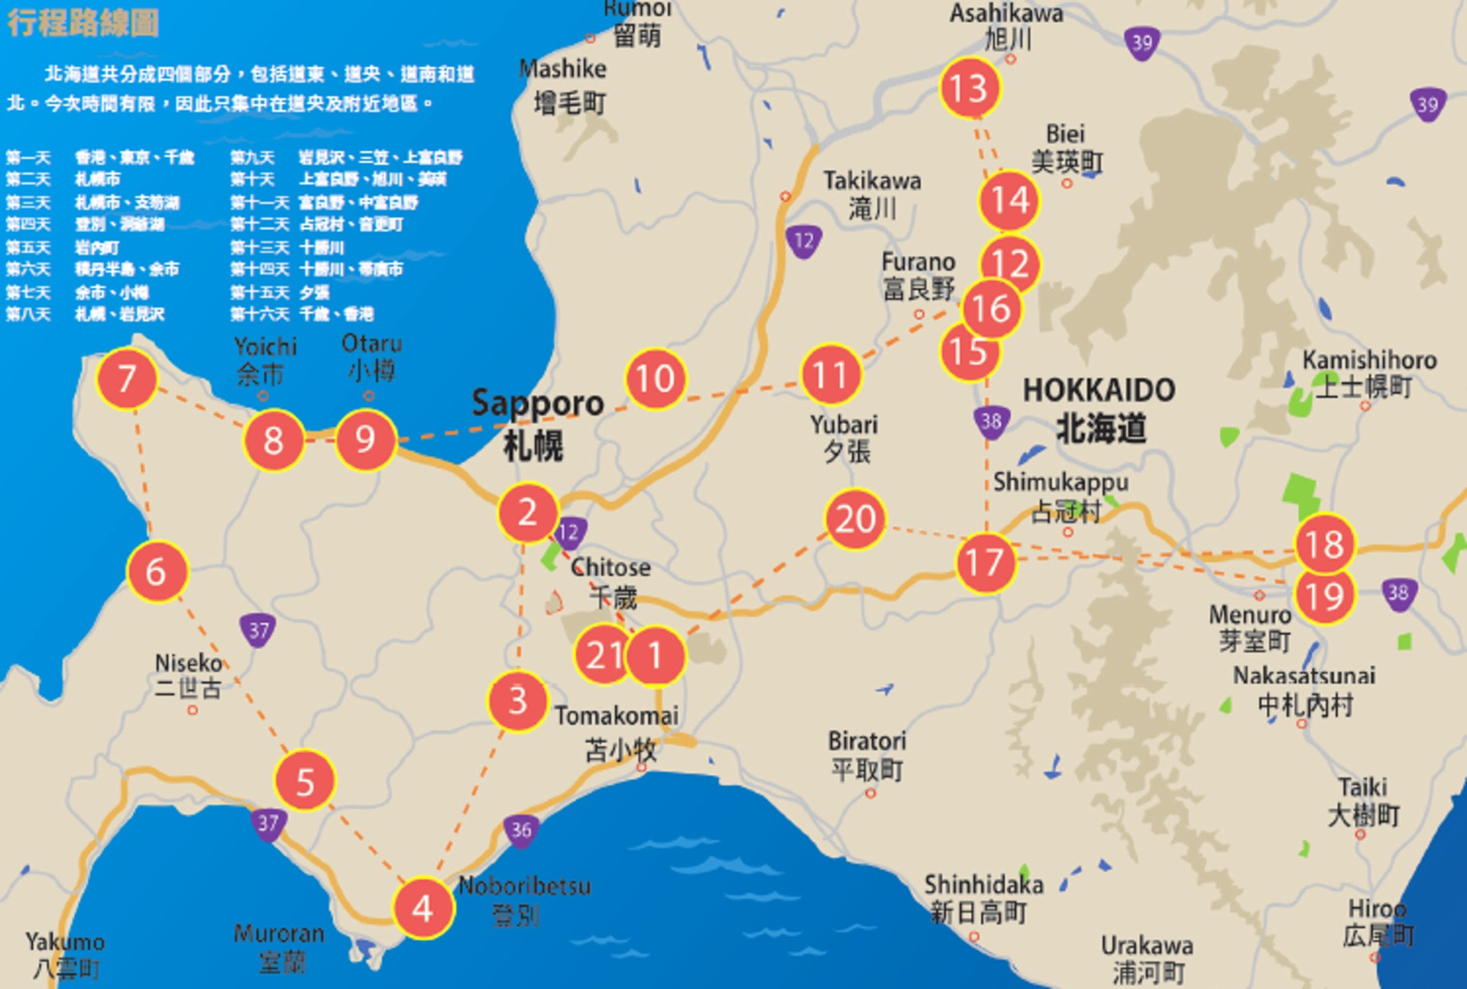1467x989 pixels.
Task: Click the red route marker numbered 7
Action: [127, 379]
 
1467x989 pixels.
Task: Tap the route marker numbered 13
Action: [970, 88]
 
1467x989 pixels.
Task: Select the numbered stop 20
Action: [855, 519]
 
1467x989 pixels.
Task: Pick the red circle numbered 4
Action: [423, 908]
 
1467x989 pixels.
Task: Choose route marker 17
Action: [985, 563]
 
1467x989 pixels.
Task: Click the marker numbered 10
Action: [656, 379]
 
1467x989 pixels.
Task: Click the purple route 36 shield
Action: [521, 830]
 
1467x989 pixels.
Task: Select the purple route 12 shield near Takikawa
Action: [804, 241]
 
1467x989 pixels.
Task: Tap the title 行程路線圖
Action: [83, 23]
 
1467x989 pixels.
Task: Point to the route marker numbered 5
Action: [305, 781]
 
